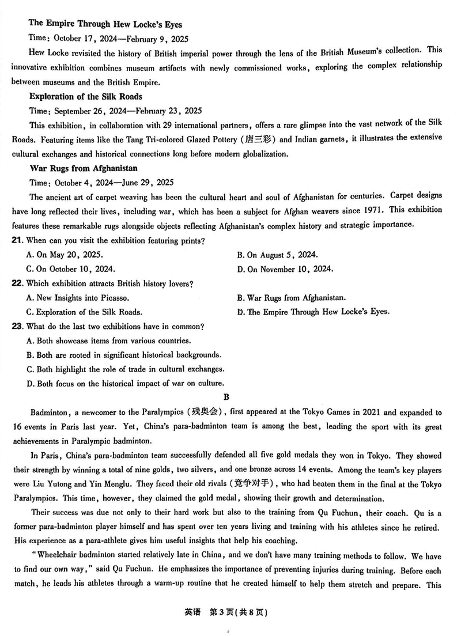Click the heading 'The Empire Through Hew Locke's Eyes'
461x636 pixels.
tap(105, 24)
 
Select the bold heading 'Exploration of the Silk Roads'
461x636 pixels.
tap(85, 96)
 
